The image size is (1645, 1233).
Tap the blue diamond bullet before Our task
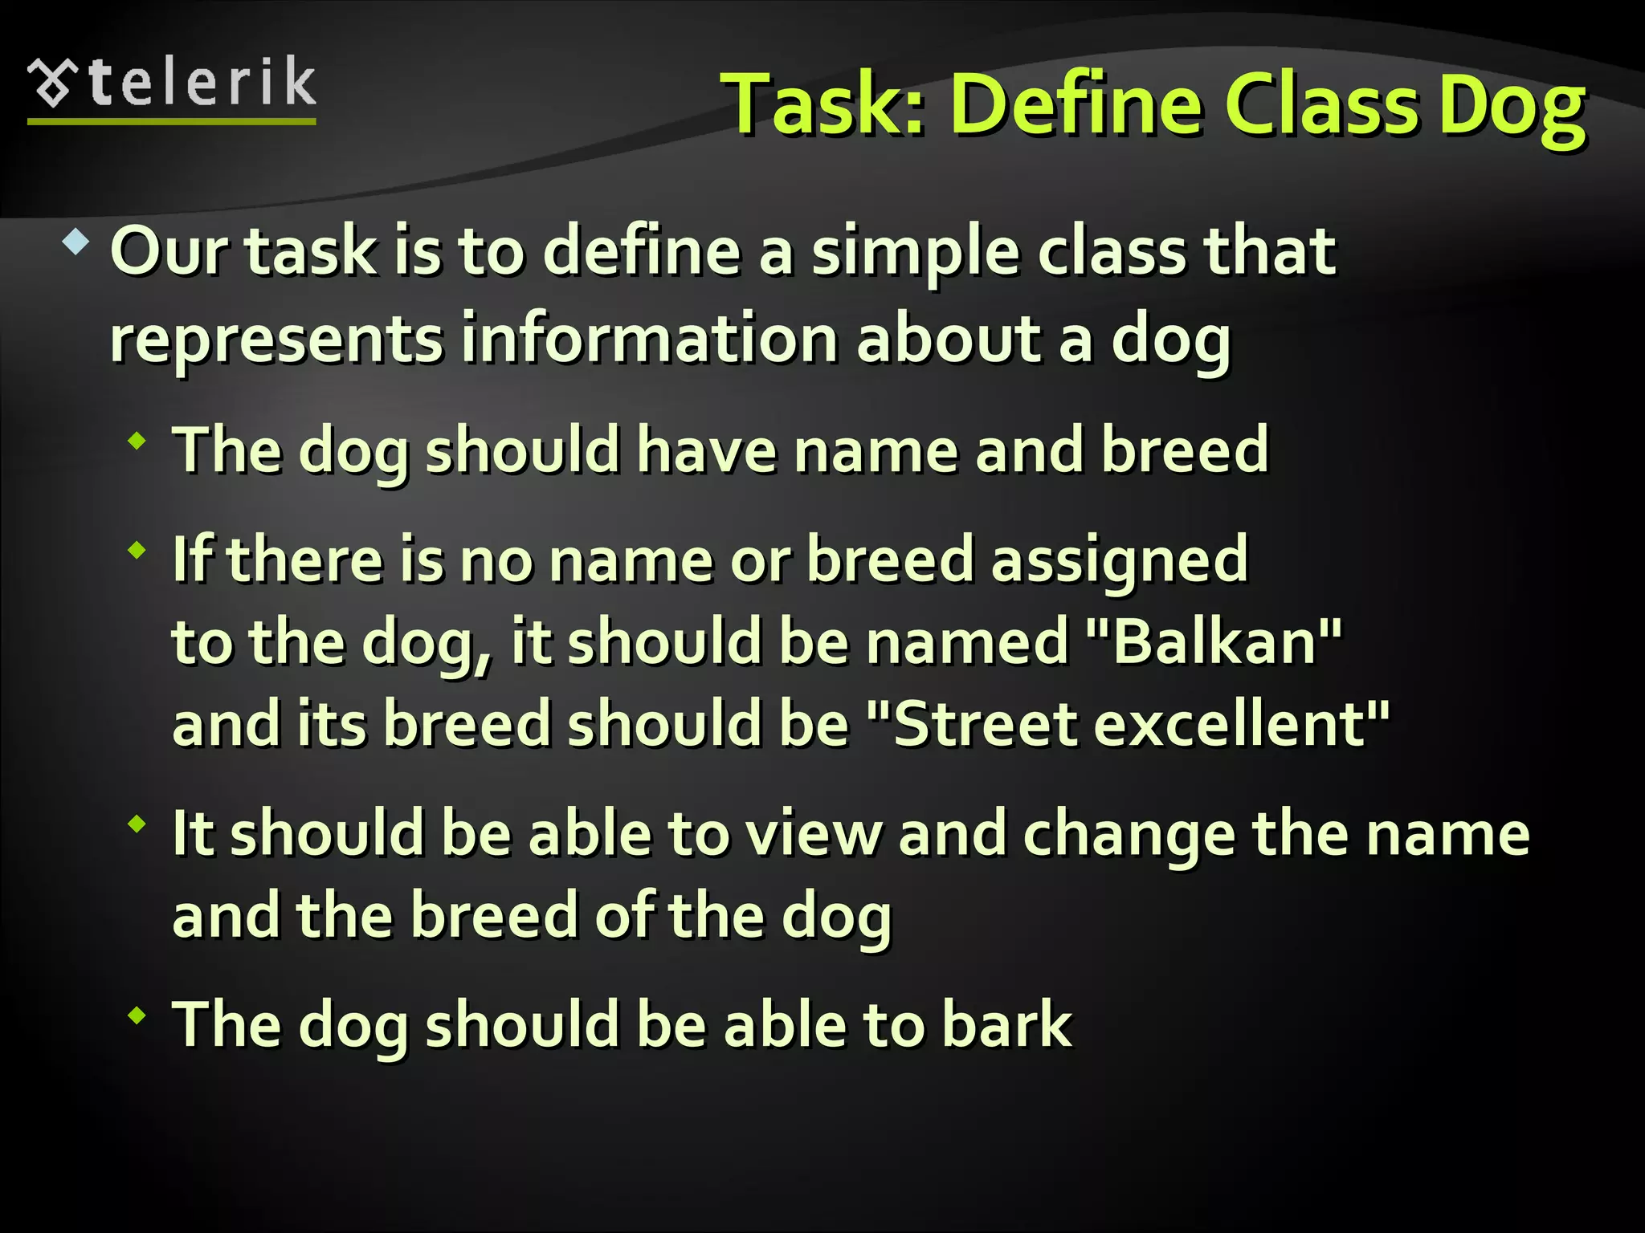pyautogui.click(x=76, y=242)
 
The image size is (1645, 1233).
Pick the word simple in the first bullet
pyautogui.click(x=916, y=254)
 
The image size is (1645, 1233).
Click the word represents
pyautogui.click(x=276, y=340)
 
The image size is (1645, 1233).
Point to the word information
pyautogui.click(x=648, y=339)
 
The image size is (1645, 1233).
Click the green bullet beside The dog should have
pyautogui.click(x=137, y=440)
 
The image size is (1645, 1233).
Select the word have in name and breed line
pyautogui.click(x=707, y=451)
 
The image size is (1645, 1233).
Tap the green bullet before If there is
pyautogui.click(x=137, y=550)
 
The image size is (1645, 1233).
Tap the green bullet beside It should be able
pyautogui.click(x=137, y=823)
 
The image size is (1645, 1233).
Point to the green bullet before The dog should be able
pyautogui.click(x=137, y=1015)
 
